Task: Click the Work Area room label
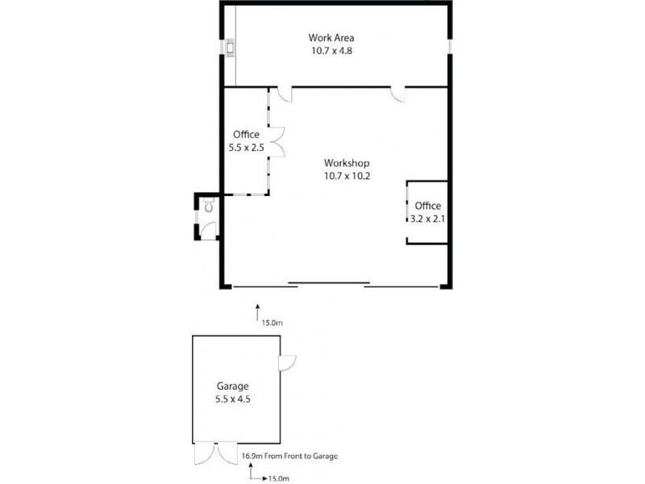[x=331, y=38]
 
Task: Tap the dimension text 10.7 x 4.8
[x=331, y=50]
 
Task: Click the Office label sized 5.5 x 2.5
[x=246, y=135]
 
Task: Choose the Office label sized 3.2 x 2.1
[x=427, y=206]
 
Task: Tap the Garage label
[x=232, y=386]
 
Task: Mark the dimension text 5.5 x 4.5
[x=232, y=398]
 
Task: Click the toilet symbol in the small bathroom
[x=209, y=207]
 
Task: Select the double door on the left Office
[x=277, y=142]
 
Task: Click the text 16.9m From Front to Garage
[x=289, y=457]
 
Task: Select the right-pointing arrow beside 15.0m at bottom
[x=258, y=478]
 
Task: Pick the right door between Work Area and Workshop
[x=397, y=94]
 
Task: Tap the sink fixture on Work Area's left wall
[x=231, y=48]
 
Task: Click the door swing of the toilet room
[x=208, y=228]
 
